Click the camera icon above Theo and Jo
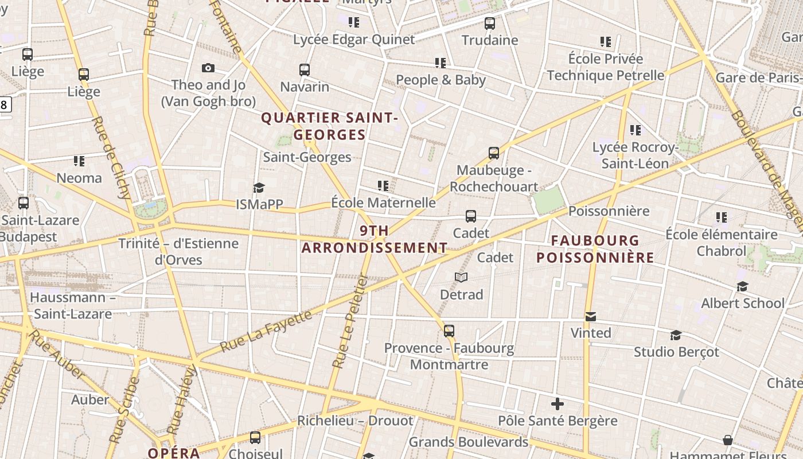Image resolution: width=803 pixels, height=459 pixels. pyautogui.click(x=208, y=68)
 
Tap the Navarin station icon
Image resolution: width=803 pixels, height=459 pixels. pyautogui.click(x=305, y=70)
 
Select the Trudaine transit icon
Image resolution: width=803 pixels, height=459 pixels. pyautogui.click(x=489, y=24)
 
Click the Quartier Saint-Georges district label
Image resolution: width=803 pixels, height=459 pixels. pyautogui.click(x=329, y=126)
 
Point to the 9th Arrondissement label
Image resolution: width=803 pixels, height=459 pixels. pyautogui.click(x=375, y=239)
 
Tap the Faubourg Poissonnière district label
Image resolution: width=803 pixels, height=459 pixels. pyautogui.click(x=595, y=249)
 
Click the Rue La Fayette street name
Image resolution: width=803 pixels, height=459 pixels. pyautogui.click(x=266, y=331)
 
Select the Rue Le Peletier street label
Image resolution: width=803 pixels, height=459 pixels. pyautogui.click(x=350, y=321)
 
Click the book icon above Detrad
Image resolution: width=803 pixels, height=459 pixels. pyautogui.click(x=461, y=278)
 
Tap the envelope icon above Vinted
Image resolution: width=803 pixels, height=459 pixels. pyautogui.click(x=590, y=316)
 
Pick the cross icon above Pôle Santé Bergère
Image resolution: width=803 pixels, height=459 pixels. pyautogui.click(x=557, y=404)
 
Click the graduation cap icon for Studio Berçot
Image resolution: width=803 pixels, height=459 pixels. pyautogui.click(x=676, y=335)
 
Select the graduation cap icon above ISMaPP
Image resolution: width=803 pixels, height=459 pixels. pyautogui.click(x=259, y=188)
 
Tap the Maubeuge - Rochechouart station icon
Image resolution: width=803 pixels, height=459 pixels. pyautogui.click(x=494, y=153)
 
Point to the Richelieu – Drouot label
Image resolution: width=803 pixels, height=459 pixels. pyautogui.click(x=354, y=421)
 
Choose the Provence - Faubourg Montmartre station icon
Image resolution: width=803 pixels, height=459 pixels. pyautogui.click(x=449, y=331)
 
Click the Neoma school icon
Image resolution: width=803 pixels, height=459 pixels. pyautogui.click(x=79, y=161)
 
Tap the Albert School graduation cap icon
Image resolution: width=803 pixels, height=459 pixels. pyautogui.click(x=742, y=286)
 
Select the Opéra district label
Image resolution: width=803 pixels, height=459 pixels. pyautogui.click(x=174, y=453)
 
